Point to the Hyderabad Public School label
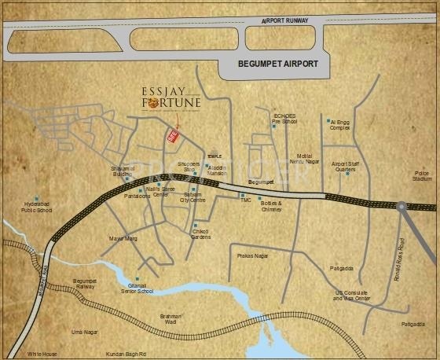click(x=36, y=208)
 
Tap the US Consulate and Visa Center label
click(x=351, y=296)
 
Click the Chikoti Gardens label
click(x=207, y=233)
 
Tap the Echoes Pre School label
click(x=284, y=119)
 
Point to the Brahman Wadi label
click(x=171, y=318)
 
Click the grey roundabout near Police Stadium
click(x=402, y=206)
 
